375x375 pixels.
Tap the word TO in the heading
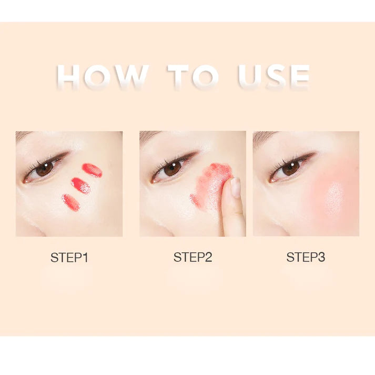click(x=193, y=77)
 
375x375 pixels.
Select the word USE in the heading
click(x=273, y=77)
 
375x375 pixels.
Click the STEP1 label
click(x=69, y=258)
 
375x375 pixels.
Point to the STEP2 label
click(x=193, y=257)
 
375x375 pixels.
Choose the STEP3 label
click(x=306, y=257)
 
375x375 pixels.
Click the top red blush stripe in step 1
click(x=92, y=170)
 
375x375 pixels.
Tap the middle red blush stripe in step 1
click(x=81, y=185)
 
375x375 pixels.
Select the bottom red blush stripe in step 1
click(x=70, y=202)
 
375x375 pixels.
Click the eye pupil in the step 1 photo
click(x=45, y=168)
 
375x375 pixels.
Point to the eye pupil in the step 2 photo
click(x=173, y=168)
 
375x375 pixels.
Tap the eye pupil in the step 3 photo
click(x=290, y=168)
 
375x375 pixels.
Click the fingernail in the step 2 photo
click(x=236, y=187)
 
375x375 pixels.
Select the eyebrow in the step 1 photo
click(x=23, y=136)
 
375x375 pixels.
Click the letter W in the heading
click(x=131, y=77)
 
